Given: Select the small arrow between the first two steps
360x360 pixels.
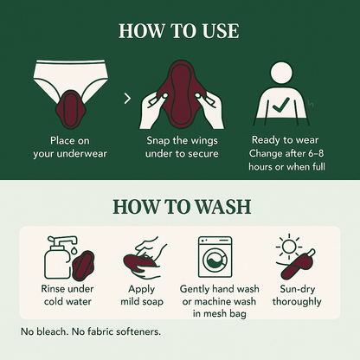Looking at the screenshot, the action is coord(127,99).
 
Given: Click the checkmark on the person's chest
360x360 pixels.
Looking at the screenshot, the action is coord(280,105).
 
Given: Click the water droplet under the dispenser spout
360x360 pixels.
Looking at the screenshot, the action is coord(74,251).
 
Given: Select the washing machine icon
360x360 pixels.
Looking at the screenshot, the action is coord(215,257).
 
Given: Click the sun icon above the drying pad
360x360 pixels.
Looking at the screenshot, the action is coord(289,247).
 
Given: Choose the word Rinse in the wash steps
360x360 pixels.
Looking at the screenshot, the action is coord(54,289).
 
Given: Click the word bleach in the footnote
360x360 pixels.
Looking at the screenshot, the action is coord(51,331).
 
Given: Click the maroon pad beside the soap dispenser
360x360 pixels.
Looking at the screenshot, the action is coord(82,266).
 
